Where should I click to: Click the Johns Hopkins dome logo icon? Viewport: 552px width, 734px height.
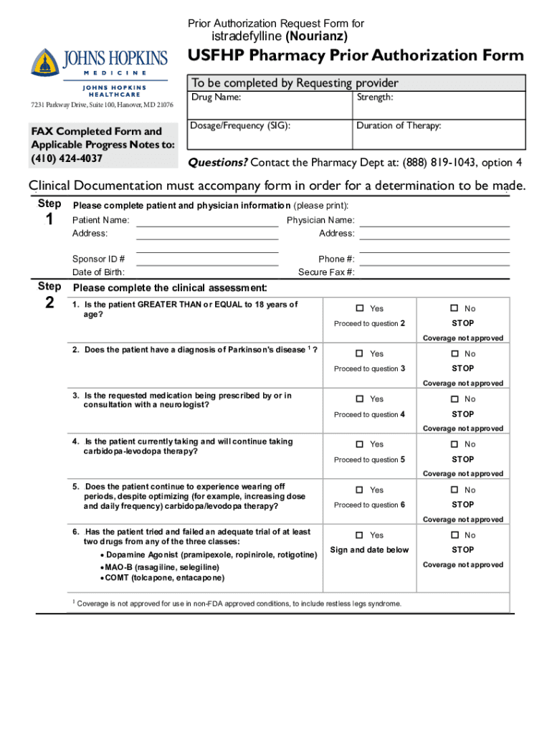click(44, 62)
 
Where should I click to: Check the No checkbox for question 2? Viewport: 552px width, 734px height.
click(454, 353)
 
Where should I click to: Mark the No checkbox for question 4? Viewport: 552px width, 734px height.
click(454, 444)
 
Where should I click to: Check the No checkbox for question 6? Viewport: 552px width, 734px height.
click(454, 535)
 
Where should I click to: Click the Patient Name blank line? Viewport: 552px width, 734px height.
click(207, 225)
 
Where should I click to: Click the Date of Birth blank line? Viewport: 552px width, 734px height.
click(207, 264)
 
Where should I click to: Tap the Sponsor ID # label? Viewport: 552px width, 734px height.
click(98, 259)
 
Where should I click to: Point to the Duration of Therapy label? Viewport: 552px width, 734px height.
click(399, 125)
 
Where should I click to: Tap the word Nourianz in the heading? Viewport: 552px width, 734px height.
click(317, 36)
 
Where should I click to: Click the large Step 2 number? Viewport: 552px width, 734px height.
click(49, 303)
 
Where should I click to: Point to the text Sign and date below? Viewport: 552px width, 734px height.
click(369, 550)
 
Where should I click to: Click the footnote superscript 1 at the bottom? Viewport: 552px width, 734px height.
click(74, 601)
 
